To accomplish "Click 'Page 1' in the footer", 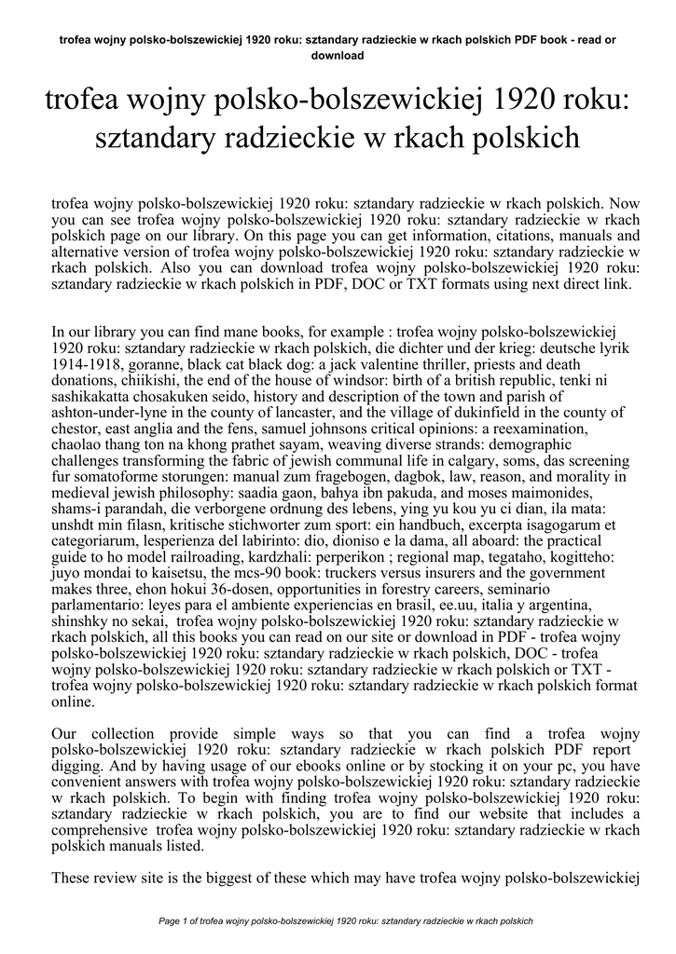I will [x=179, y=921].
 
